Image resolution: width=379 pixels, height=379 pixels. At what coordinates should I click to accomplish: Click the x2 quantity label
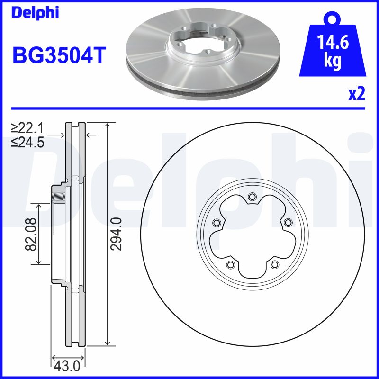coord(356,94)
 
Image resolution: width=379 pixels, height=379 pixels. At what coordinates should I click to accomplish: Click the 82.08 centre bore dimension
coord(31,234)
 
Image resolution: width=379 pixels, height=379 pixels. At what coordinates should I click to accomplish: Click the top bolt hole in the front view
coord(252,197)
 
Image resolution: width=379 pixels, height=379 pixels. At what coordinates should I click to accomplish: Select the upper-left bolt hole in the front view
coord(217,223)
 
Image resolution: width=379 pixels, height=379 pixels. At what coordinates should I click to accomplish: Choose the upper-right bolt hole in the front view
coord(287,223)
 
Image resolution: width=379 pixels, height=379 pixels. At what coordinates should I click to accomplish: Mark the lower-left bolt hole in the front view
coord(230,264)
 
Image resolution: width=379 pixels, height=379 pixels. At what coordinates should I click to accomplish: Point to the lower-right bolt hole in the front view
coord(274,264)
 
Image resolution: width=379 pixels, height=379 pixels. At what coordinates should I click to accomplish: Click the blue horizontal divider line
coord(189,108)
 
